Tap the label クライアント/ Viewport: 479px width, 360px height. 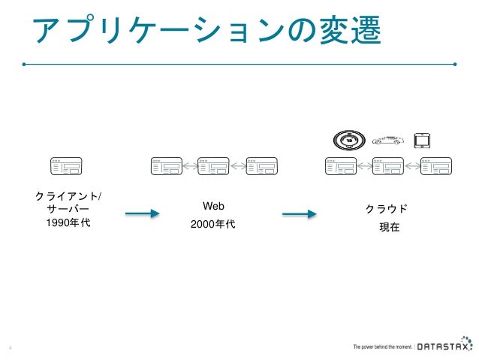pyautogui.click(x=70, y=196)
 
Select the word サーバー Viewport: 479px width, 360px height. pyautogui.click(x=68, y=209)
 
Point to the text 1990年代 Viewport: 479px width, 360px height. pyautogui.click(x=68, y=222)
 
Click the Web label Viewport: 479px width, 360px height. pyautogui.click(x=214, y=206)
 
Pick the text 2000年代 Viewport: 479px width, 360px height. pyautogui.click(x=214, y=223)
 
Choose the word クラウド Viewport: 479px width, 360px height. pyautogui.click(x=387, y=208)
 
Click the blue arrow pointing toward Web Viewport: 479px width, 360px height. pyautogui.click(x=142, y=214)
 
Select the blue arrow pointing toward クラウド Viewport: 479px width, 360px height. pyautogui.click(x=299, y=214)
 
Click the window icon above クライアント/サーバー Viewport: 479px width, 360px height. pyautogui.click(x=66, y=166)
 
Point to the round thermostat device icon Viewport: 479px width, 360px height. pyautogui.click(x=348, y=140)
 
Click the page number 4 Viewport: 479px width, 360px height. pyautogui.click(x=10, y=347)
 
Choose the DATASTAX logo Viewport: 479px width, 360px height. pyautogui.click(x=444, y=346)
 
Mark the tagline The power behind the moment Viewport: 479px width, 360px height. pyautogui.click(x=382, y=347)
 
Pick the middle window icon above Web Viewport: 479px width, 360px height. pyautogui.click(x=213, y=166)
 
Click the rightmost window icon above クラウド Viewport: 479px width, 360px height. pyautogui.click(x=436, y=166)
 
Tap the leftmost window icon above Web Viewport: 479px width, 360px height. pyautogui.click(x=166, y=166)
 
